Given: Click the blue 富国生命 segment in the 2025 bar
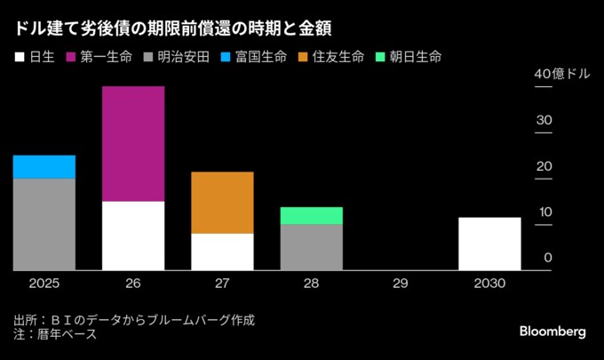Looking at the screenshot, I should pyautogui.click(x=44, y=167).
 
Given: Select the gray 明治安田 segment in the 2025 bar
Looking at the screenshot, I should pyautogui.click(x=44, y=224).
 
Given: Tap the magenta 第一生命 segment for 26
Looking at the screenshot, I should pyautogui.click(x=133, y=144).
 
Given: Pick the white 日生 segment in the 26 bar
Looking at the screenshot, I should pyautogui.click(x=133, y=236).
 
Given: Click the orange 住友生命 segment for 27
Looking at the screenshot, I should pyautogui.click(x=222, y=203).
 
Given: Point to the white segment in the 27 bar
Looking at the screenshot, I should pyautogui.click(x=222, y=252).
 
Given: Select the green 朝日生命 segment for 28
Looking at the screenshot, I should pyautogui.click(x=311, y=216).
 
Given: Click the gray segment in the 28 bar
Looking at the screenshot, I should pyautogui.click(x=311, y=247).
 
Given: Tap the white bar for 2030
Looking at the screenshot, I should pyautogui.click(x=489, y=244).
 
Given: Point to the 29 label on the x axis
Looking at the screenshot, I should pyautogui.click(x=400, y=284).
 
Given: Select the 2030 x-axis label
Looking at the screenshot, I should pyautogui.click(x=489, y=284).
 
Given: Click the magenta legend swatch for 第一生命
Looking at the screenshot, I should pyautogui.click(x=70, y=57).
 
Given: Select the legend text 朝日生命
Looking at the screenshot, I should pyautogui.click(x=414, y=57).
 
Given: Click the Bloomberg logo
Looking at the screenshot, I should pyautogui.click(x=552, y=331).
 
